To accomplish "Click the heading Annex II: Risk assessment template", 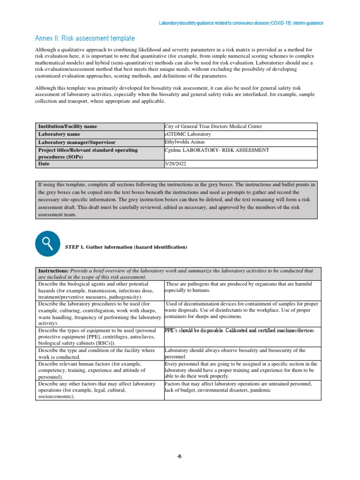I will [x=85, y=38].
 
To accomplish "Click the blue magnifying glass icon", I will [x=47, y=243].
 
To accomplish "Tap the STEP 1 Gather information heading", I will [x=126, y=247].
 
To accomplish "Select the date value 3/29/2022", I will [x=175, y=164].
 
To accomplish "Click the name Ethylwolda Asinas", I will [x=185, y=142].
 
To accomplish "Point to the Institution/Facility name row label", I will [x=68, y=127].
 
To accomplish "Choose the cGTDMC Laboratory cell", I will [x=188, y=134].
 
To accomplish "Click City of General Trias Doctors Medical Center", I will [x=213, y=127].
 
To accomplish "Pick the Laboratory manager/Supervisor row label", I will [x=77, y=142].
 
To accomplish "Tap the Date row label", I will [x=44, y=164].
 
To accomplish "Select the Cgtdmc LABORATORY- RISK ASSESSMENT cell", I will [x=217, y=150].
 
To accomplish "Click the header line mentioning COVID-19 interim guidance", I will [x=240, y=22].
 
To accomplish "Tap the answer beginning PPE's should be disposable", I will [x=240, y=330].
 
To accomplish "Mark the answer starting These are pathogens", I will [x=238, y=287].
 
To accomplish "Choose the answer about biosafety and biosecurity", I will [x=235, y=353].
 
